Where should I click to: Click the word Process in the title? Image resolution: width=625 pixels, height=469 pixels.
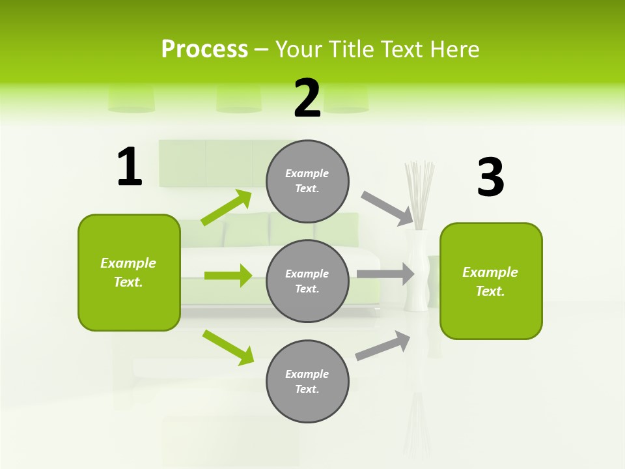point(204,50)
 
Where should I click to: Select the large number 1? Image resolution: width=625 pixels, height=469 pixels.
point(130,167)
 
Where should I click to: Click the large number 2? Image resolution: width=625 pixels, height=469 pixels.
point(307,98)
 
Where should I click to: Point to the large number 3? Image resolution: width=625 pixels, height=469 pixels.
point(490,178)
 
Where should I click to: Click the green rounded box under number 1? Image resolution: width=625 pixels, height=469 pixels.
point(129,272)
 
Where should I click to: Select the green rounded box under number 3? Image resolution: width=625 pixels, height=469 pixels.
point(491,281)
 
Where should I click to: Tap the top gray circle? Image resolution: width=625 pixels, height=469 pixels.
point(307,181)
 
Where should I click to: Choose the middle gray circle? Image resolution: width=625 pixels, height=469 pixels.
point(307,281)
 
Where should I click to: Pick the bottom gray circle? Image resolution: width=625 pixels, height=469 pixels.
point(307,381)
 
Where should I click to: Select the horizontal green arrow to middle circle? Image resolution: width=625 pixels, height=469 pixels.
point(228,276)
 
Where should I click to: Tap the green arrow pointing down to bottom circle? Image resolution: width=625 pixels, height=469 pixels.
point(228,347)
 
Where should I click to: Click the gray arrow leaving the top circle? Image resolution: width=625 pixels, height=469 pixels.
point(387,209)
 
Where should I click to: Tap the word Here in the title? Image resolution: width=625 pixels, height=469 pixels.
point(455,50)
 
